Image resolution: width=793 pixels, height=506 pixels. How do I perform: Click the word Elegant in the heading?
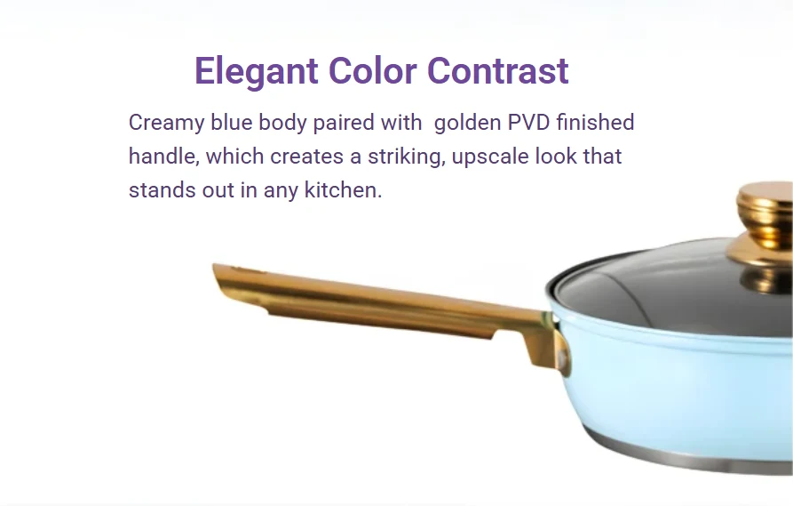click(x=257, y=72)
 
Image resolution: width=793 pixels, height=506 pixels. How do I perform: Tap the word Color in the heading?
click(x=373, y=70)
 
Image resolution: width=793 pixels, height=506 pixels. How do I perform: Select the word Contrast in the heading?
click(x=498, y=70)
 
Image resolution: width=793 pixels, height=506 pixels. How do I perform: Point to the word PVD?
click(x=528, y=123)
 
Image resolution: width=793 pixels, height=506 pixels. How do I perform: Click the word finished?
click(x=595, y=122)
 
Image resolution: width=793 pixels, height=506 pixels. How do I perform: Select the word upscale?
click(x=490, y=157)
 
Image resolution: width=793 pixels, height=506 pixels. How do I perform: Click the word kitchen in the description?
click(x=343, y=190)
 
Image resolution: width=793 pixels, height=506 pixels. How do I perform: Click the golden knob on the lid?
click(x=764, y=223)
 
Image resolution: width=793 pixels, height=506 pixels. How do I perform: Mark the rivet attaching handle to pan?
click(x=561, y=358)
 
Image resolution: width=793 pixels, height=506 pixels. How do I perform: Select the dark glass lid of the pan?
click(x=672, y=293)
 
